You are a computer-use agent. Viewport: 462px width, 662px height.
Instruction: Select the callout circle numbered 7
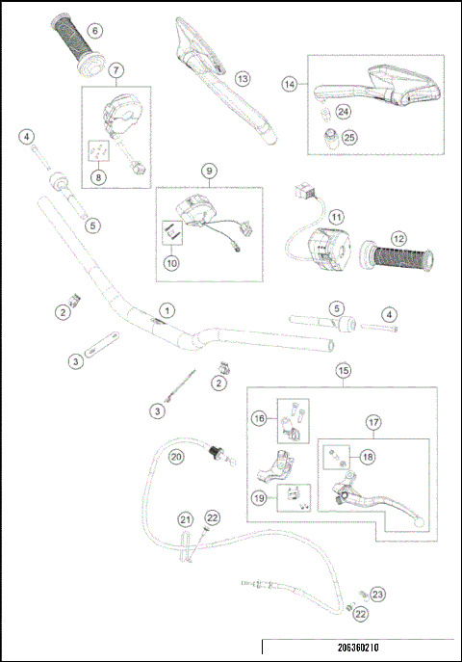click(115, 70)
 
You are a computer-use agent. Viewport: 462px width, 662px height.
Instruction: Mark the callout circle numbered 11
click(336, 217)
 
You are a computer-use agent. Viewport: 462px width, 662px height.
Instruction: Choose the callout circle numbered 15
click(343, 369)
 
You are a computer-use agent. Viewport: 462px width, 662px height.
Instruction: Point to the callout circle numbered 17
click(374, 421)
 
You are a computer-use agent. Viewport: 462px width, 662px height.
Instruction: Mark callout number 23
click(377, 595)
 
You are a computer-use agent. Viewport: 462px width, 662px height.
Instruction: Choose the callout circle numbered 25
click(349, 138)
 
